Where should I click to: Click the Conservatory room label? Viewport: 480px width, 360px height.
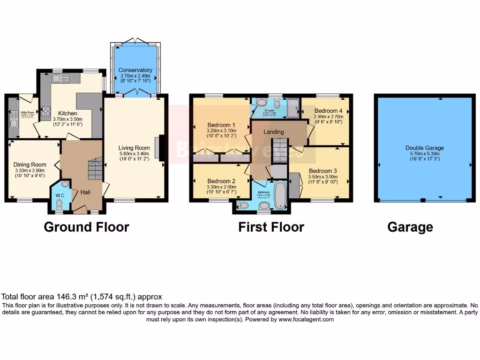tap(135, 70)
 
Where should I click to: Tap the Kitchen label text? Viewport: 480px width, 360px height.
tap(67, 113)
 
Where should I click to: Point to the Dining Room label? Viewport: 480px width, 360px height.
tap(30, 165)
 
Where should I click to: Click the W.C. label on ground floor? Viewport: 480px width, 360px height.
tap(60, 195)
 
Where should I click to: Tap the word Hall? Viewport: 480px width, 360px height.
tap(85, 192)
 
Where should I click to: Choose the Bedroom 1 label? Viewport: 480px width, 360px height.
tap(222, 125)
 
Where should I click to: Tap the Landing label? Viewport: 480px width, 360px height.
tap(274, 132)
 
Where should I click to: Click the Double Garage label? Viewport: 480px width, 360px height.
tap(424, 148)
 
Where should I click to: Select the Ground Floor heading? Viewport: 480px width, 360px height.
tap(86, 227)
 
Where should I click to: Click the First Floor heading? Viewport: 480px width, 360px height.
tap(271, 227)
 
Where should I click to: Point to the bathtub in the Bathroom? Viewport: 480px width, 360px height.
tap(280, 195)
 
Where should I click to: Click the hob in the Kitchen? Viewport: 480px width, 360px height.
tap(46, 112)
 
